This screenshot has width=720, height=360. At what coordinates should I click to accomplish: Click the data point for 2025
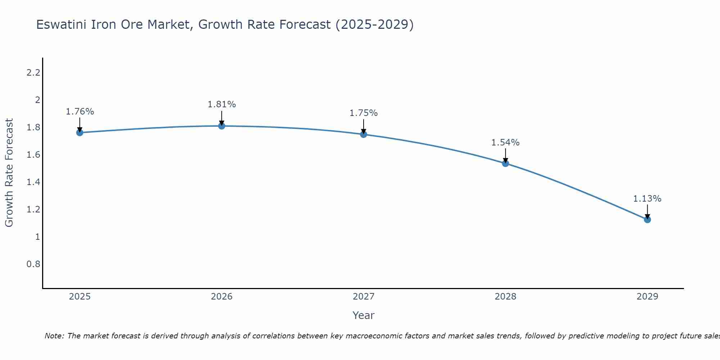(x=80, y=132)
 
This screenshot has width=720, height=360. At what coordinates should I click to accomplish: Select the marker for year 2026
(x=221, y=126)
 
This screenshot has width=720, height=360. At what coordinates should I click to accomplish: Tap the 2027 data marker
(x=364, y=134)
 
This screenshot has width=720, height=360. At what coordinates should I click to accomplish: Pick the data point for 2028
(x=505, y=163)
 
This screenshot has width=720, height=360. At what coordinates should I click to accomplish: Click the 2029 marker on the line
(x=647, y=219)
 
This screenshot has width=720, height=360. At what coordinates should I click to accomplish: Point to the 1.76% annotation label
(x=80, y=112)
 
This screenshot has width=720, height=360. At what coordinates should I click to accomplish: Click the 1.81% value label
(x=221, y=104)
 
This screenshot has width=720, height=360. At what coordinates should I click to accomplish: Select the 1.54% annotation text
(x=505, y=143)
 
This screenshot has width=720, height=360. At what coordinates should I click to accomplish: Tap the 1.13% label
(x=647, y=199)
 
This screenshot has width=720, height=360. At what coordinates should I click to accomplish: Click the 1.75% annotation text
(x=364, y=113)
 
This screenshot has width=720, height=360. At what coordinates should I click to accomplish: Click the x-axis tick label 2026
(x=221, y=297)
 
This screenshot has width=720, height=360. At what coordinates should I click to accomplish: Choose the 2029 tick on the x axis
(x=647, y=297)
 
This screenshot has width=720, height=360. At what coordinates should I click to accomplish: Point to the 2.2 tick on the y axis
(x=33, y=73)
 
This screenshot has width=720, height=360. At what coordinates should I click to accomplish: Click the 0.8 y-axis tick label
(x=33, y=264)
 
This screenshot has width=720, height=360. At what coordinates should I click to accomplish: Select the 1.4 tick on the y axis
(x=33, y=182)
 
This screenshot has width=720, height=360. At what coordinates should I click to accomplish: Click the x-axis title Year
(x=364, y=315)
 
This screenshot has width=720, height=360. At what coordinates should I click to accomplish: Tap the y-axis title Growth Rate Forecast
(x=9, y=173)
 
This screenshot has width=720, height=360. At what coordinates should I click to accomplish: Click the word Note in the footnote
(x=54, y=336)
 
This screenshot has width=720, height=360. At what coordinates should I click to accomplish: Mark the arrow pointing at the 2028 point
(x=505, y=156)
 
